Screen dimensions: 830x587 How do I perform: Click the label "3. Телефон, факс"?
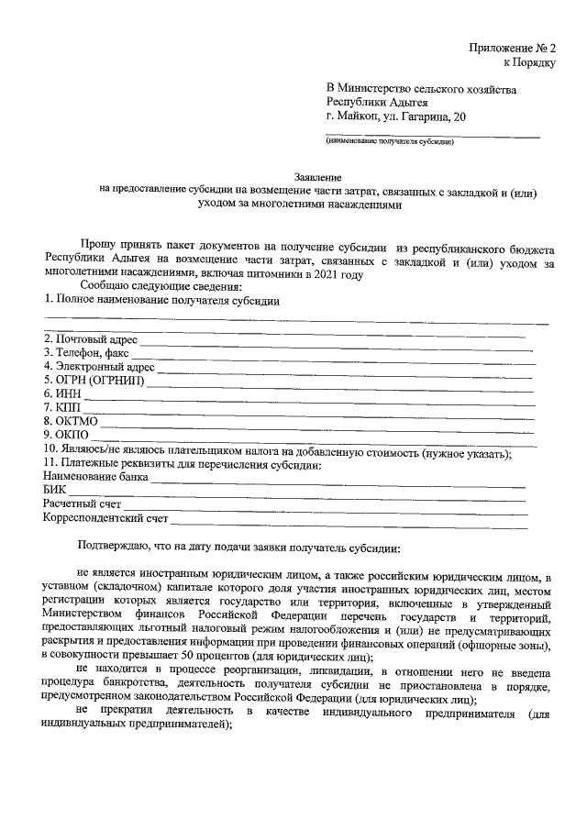(x=86, y=352)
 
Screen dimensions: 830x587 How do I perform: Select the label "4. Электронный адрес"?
(x=99, y=367)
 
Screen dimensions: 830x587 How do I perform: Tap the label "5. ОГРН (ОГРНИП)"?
(x=94, y=381)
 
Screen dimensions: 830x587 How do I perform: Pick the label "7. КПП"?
(x=62, y=407)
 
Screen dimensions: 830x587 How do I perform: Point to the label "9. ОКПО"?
(x=66, y=435)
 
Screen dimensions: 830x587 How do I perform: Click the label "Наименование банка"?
(x=95, y=478)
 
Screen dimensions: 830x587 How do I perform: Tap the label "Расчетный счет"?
(x=83, y=504)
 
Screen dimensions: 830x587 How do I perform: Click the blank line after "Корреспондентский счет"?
(x=349, y=521)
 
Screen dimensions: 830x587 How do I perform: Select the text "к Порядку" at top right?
(x=530, y=61)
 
